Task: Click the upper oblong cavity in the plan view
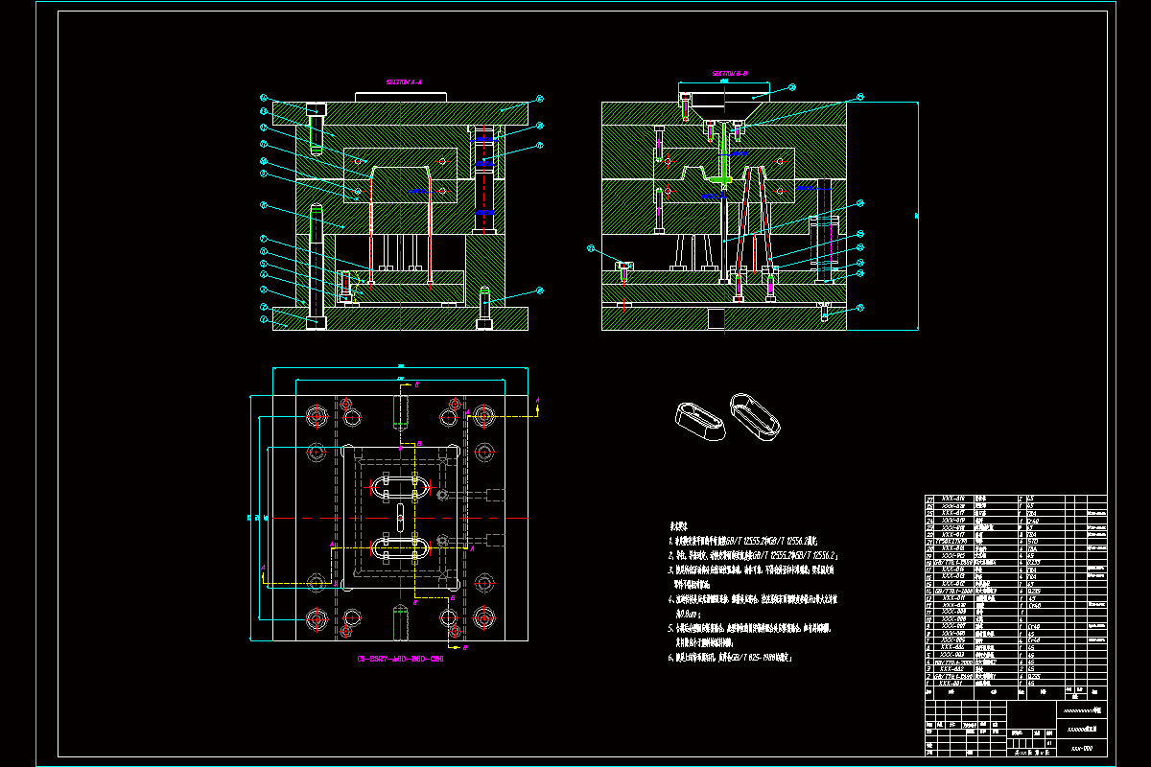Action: (397, 486)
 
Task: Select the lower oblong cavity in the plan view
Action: (397, 549)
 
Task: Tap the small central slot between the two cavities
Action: (398, 518)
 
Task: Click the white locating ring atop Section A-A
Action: (402, 96)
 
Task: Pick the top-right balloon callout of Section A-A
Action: (540, 98)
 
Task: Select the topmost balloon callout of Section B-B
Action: (792, 87)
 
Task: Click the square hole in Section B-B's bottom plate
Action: (715, 317)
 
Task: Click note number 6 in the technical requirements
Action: (670, 659)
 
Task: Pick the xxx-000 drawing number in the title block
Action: (1082, 747)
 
